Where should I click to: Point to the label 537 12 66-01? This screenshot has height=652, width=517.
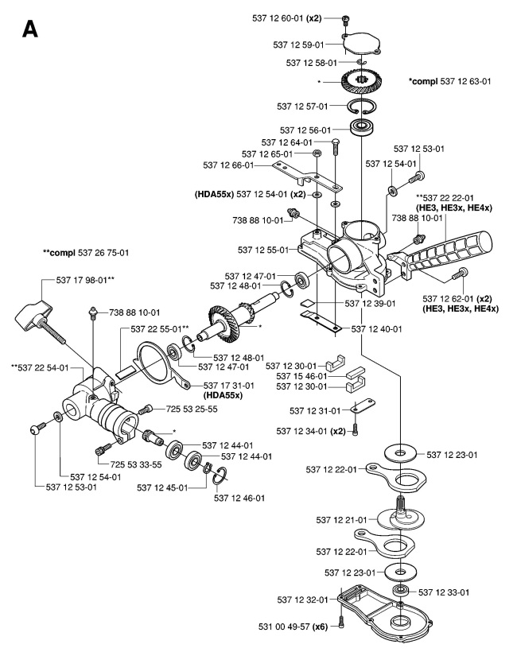[x=228, y=165]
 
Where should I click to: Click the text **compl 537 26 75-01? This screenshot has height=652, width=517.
[x=86, y=252]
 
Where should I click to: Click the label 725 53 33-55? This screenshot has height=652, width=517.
[x=136, y=464]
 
